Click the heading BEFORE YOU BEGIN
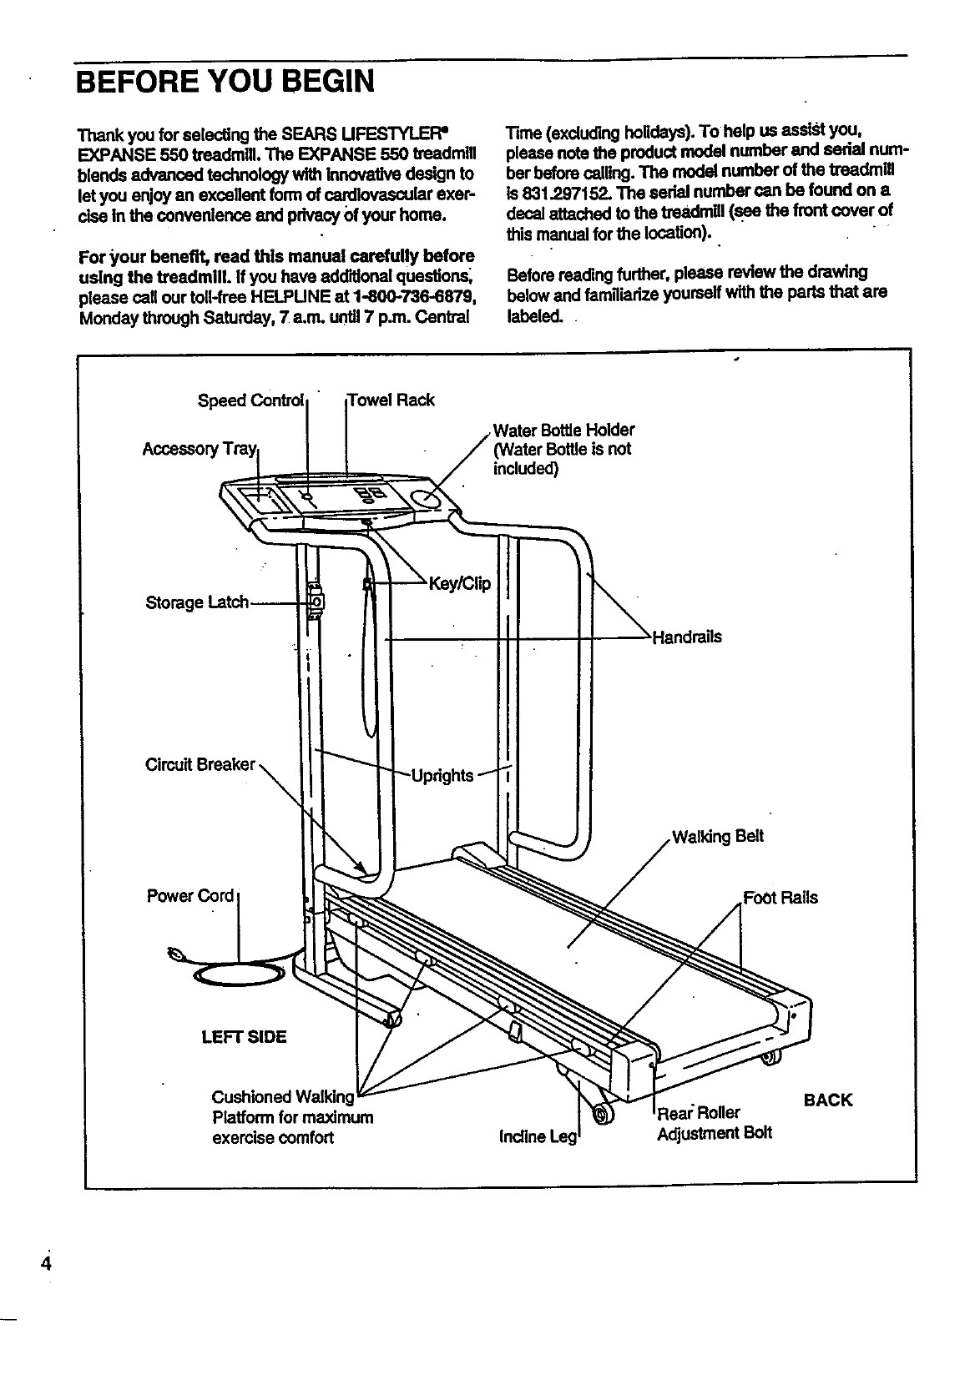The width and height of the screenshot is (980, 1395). pyautogui.click(x=224, y=82)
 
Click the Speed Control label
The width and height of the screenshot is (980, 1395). pyautogui.click(x=250, y=400)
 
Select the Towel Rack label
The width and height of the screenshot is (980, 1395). pyautogui.click(x=391, y=400)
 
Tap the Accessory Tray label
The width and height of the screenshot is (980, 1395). pyautogui.click(x=200, y=449)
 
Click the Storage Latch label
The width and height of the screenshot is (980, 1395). pyautogui.click(x=197, y=602)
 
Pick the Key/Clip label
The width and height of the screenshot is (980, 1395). pyautogui.click(x=459, y=583)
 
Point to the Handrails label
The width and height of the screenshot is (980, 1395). pyautogui.click(x=687, y=637)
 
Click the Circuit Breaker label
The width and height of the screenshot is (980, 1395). pyautogui.click(x=200, y=764)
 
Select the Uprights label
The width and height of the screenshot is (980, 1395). pyautogui.click(x=442, y=776)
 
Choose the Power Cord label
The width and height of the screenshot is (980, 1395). pyautogui.click(x=190, y=896)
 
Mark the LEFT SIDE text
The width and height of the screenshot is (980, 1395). pyautogui.click(x=244, y=1037)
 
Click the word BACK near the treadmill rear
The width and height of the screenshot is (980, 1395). pyautogui.click(x=828, y=1100)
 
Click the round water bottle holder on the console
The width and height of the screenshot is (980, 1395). pyautogui.click(x=427, y=499)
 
